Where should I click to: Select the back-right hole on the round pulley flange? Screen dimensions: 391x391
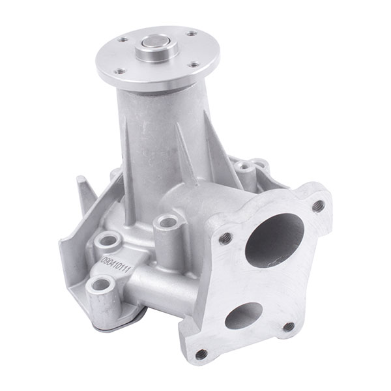pos(192,33)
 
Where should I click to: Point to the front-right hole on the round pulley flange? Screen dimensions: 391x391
pos(195,65)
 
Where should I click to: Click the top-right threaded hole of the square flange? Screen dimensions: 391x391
pos(318,206)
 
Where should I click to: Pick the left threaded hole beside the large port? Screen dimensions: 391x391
pos(225,238)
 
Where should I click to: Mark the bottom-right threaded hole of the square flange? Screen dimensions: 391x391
pos(287,326)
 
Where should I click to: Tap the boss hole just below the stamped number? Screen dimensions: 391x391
pos(102,284)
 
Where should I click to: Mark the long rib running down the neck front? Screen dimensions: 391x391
pos(130,163)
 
